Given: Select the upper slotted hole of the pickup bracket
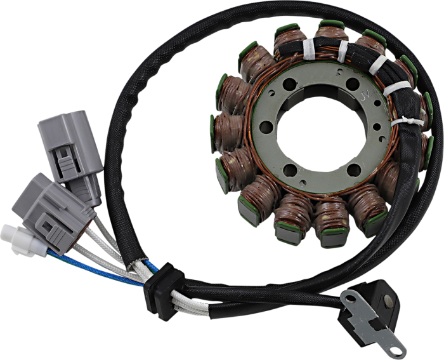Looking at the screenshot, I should point(348,298).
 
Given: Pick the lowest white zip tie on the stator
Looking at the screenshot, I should point(402,120).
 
